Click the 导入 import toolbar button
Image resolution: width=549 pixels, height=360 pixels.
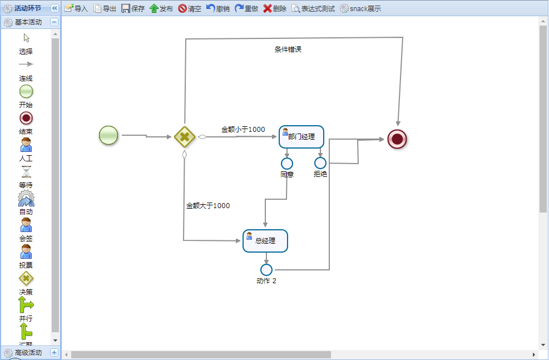[x=76, y=8]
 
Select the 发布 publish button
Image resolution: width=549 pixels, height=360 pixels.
[x=161, y=8]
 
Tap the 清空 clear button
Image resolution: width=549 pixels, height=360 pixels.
[x=190, y=8]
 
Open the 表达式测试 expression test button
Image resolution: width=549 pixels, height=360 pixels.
[x=313, y=8]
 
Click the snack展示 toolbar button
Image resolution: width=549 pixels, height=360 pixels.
[x=360, y=8]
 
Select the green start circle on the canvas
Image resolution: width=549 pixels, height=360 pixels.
[x=108, y=135]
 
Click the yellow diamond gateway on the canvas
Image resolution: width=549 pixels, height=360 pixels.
[x=184, y=136]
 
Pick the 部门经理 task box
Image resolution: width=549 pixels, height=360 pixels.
[x=301, y=136]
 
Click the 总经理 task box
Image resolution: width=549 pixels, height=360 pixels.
[x=265, y=241]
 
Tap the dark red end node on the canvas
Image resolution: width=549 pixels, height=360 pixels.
[x=397, y=139]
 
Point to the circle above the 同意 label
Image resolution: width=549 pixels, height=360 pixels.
[x=287, y=163]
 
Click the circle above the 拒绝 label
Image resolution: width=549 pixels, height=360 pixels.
[x=320, y=163]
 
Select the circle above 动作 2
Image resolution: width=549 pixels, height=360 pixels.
[x=266, y=270]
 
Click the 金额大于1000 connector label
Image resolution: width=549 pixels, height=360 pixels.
[x=207, y=206]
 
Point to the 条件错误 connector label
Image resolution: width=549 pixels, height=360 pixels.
[x=288, y=50]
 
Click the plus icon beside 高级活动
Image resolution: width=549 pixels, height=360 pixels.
[x=54, y=352]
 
